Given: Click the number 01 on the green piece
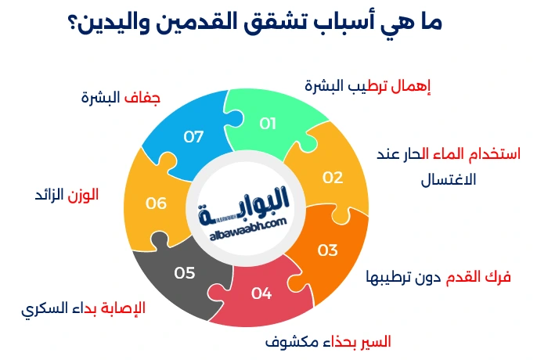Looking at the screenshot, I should tap(268, 123).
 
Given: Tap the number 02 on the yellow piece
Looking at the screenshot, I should tap(333, 177).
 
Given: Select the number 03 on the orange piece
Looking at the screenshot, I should tap(327, 250).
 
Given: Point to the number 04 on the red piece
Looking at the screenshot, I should tap(261, 294).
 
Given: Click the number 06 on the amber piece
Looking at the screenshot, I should tap(157, 203).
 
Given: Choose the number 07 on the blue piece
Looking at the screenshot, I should tap(193, 137).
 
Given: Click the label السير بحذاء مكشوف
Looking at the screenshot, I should tap(328, 343).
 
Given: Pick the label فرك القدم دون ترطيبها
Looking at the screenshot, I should tap(438, 277).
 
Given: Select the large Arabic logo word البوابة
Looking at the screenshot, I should tap(247, 201).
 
